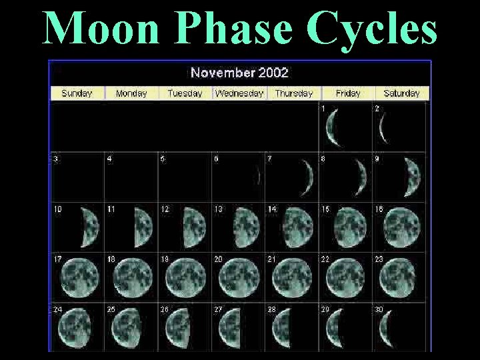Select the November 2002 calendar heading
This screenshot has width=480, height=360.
click(239, 72)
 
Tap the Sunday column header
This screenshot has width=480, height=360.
click(77, 93)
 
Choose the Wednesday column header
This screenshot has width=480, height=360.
click(239, 93)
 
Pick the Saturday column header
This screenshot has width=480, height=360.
click(401, 93)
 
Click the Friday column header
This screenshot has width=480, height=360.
click(348, 93)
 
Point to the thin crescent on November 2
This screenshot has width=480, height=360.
click(383, 128)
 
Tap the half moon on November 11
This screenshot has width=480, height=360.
click(144, 227)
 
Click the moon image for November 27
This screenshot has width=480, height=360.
click(230, 327)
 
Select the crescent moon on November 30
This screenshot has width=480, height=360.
click(385, 327)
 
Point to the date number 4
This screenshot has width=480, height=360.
click(109, 159)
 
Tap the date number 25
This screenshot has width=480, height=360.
click(111, 309)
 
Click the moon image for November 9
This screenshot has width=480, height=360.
click(412, 177)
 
